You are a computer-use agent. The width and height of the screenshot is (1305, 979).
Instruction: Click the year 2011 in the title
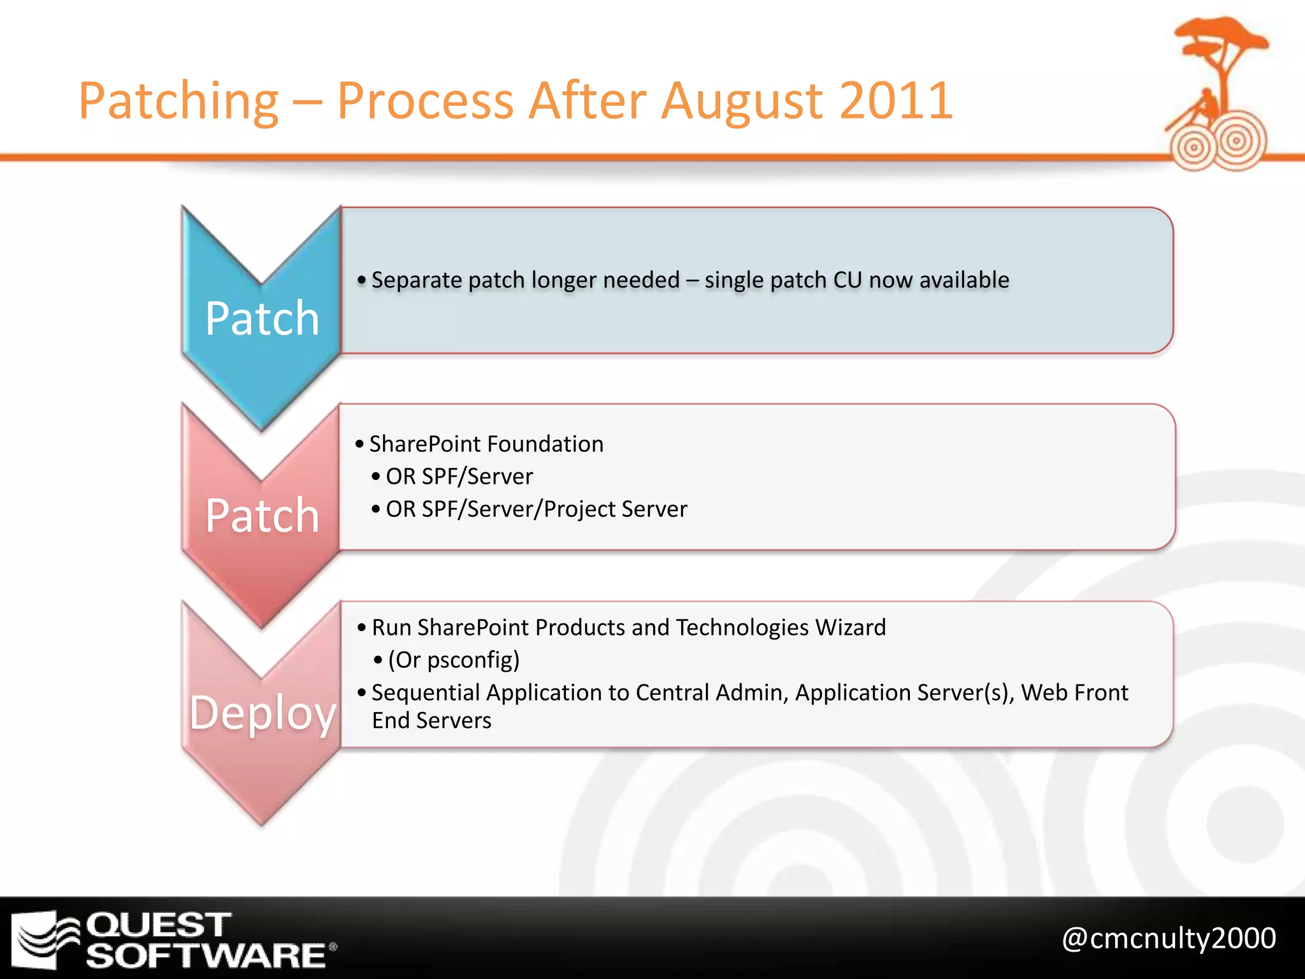[895, 101]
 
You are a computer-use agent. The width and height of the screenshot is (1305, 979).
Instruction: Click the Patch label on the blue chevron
[262, 318]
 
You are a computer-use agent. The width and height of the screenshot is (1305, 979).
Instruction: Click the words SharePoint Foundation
[486, 444]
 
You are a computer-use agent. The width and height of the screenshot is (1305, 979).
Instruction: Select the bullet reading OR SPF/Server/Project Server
[537, 509]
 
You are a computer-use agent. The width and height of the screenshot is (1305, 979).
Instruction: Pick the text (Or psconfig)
[454, 660]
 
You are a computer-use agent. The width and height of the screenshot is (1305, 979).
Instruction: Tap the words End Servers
[431, 720]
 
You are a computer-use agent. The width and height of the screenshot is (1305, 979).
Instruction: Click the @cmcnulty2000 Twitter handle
[1169, 938]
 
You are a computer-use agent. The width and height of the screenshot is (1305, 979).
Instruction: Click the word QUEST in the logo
[158, 925]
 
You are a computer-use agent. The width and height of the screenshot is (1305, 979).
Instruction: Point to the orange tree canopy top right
[1220, 35]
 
